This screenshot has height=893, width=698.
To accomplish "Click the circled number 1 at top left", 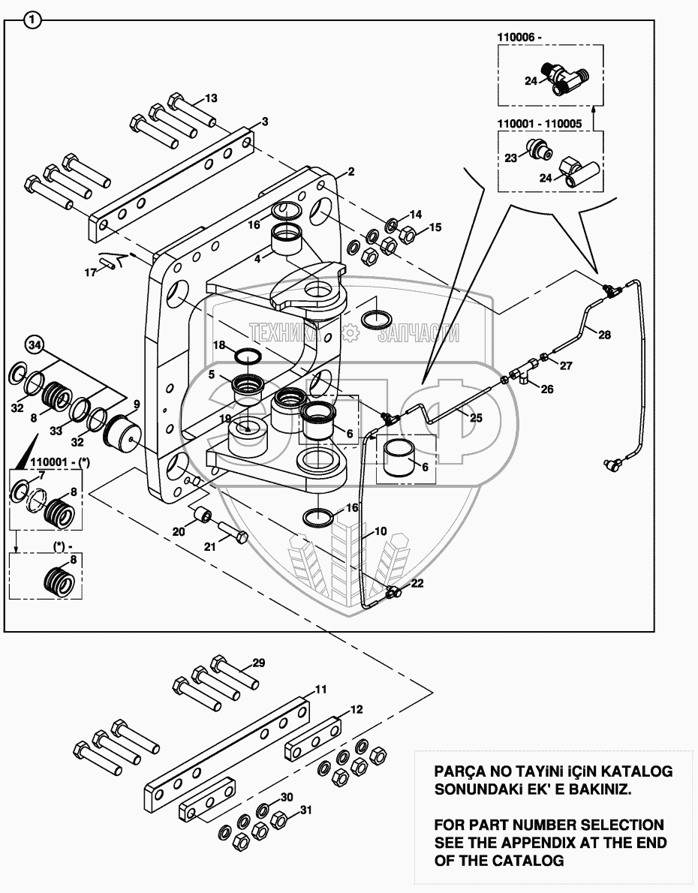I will point(32,21).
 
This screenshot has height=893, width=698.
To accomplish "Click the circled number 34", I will point(34,345).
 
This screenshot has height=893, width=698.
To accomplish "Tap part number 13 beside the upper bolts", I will point(211,98).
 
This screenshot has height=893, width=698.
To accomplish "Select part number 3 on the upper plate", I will point(264,121).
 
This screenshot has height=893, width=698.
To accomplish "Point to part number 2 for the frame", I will point(350,172).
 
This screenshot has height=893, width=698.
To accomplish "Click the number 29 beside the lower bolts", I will point(258,663).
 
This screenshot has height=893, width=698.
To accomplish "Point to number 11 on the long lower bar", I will point(320,688).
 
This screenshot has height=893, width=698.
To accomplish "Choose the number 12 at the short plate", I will point(356,708).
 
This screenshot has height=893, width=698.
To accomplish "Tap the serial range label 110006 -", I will point(523,36).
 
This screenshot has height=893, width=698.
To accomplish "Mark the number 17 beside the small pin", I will point(91,272).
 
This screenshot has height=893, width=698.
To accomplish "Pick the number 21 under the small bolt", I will point(211,547).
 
